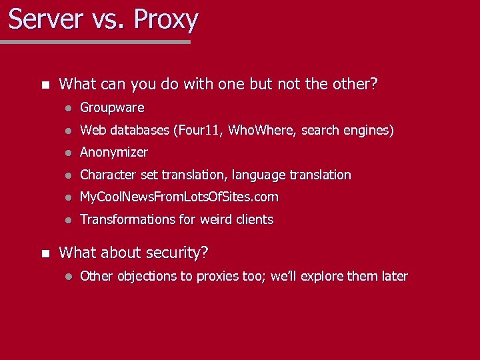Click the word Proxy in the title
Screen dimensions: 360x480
coord(165,20)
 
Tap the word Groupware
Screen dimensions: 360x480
coord(112,107)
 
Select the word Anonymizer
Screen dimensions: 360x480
coord(114,152)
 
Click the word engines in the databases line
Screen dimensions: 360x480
coord(367,131)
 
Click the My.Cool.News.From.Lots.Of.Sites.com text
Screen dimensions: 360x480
coord(179,197)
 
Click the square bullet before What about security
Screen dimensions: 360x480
coord(45,253)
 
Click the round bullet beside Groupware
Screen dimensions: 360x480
coord(67,108)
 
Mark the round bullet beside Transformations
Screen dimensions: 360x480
coord(67,220)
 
